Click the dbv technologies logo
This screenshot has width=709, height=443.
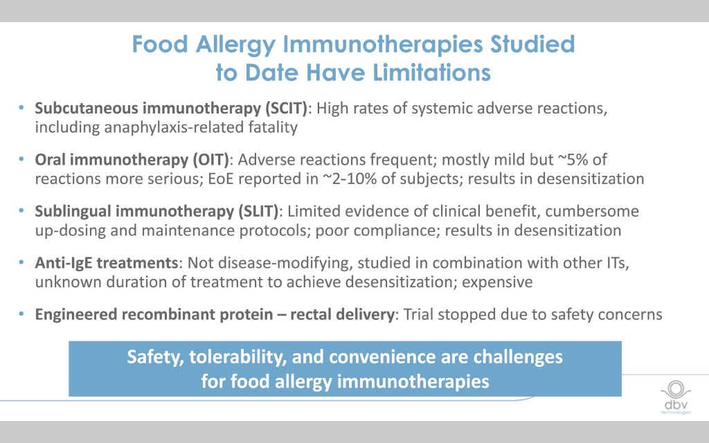point(676,397)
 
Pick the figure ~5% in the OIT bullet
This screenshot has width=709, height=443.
point(573,160)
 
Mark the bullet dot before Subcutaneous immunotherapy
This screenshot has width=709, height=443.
point(21,108)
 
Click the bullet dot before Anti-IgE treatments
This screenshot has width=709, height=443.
point(21,262)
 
